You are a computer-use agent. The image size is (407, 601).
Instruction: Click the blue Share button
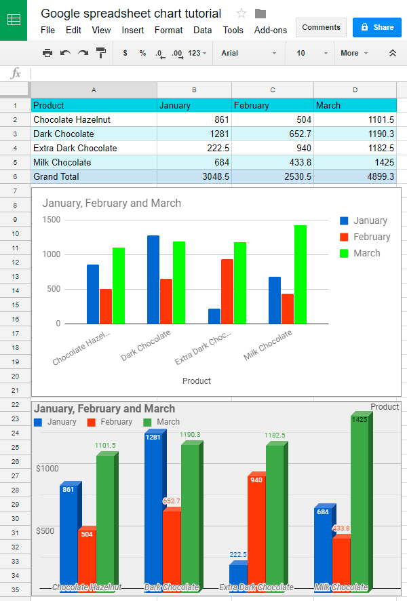[377, 27]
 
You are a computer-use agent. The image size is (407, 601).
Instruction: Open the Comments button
[321, 27]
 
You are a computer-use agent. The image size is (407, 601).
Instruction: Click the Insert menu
[133, 30]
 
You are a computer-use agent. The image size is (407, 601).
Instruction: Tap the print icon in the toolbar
[47, 53]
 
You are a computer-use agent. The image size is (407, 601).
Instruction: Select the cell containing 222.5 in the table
[195, 148]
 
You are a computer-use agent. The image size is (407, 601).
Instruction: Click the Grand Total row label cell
[94, 176]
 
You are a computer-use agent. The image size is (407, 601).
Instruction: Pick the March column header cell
[355, 105]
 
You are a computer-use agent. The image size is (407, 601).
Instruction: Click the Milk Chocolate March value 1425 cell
[355, 162]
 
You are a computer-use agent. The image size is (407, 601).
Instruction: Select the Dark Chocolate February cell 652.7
[272, 134]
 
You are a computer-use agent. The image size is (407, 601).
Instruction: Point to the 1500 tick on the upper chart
[52, 220]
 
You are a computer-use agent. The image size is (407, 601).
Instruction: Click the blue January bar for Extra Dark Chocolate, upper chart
[214, 316]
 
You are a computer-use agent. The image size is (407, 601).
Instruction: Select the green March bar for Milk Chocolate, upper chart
[301, 275]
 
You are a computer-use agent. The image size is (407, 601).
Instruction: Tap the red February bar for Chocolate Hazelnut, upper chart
[106, 307]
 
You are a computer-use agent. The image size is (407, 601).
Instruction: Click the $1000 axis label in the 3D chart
[47, 469]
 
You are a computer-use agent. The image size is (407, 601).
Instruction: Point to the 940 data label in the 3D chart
[256, 480]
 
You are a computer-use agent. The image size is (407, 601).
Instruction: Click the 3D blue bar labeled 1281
[153, 509]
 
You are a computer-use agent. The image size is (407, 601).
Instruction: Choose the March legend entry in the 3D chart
[162, 422]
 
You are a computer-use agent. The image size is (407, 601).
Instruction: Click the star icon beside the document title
[241, 14]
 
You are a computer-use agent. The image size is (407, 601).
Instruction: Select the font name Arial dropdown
[248, 53]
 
